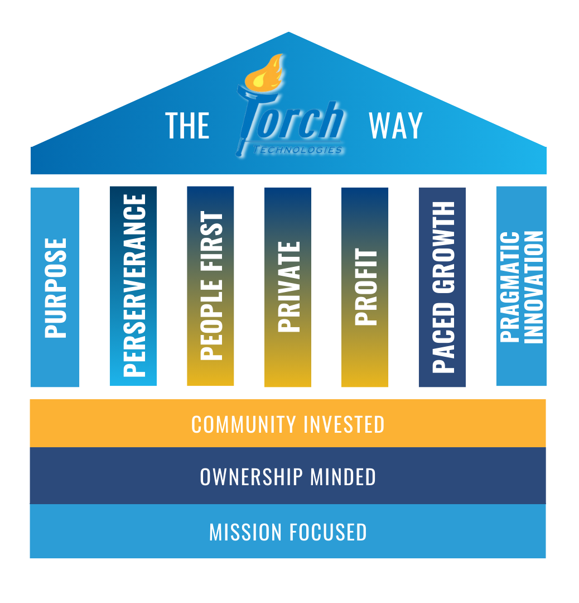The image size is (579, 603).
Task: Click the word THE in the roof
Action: click(187, 126)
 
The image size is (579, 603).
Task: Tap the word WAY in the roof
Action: click(395, 126)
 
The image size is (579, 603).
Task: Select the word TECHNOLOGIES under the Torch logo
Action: click(297, 150)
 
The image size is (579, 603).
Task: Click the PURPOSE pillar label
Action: click(55, 288)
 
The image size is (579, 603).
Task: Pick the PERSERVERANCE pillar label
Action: click(134, 284)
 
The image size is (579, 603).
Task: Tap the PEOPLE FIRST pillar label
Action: click(211, 285)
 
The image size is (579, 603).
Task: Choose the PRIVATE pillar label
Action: click(288, 286)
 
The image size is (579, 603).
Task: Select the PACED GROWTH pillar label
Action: click(443, 287)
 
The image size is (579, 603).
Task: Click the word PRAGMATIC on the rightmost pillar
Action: click(510, 286)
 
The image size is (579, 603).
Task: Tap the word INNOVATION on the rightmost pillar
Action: click(534, 286)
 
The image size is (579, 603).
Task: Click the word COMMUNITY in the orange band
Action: click(243, 424)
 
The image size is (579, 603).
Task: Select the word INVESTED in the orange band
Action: click(344, 424)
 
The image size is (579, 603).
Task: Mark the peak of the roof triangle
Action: click(289, 32)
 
